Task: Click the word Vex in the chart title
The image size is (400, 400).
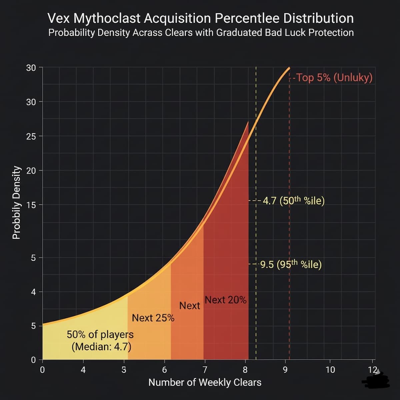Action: point(59,18)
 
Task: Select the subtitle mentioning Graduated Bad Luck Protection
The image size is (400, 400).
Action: point(201,33)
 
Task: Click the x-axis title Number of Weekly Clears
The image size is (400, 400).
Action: point(205,382)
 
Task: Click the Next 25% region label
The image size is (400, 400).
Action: point(153,318)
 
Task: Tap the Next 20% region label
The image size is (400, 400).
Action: point(226,300)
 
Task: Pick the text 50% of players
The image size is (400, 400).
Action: point(100,334)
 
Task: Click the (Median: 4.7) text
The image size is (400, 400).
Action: point(101,347)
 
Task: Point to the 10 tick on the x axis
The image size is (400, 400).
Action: point(330,370)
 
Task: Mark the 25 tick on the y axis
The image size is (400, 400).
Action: point(31,136)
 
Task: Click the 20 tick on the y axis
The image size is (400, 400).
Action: point(31,170)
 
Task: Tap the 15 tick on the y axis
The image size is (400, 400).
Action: point(31,205)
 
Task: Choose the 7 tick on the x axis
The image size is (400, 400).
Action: point(205,370)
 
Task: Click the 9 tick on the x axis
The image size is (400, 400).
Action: point(285,370)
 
